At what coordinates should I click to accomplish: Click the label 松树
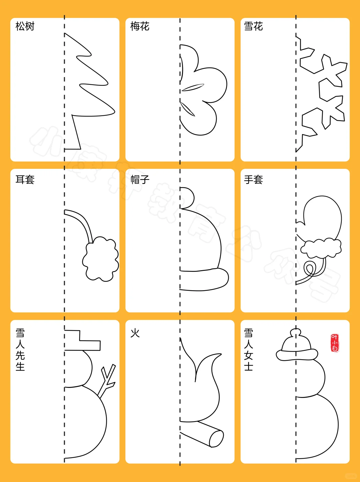coord(25,26)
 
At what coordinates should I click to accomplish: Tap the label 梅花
coord(140,26)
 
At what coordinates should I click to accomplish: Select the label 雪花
coord(254,26)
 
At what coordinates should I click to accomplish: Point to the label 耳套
coord(25,180)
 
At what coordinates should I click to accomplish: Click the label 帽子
coord(140,180)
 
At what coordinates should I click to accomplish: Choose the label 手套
coord(254,180)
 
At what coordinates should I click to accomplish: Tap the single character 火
coord(135,333)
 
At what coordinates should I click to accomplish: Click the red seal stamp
coord(335,343)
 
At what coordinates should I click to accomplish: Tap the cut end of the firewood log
coord(216,438)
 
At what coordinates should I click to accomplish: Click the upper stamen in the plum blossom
coord(193,87)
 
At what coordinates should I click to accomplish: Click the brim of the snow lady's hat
coord(296,355)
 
